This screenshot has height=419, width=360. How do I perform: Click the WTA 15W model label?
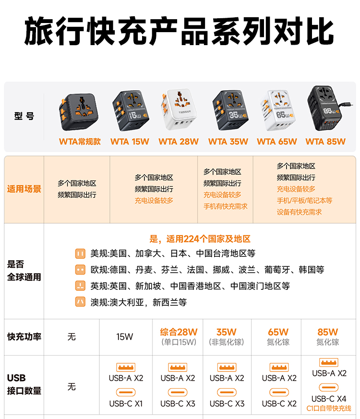coord(130,142)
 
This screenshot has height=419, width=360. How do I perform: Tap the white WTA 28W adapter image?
coord(179,109)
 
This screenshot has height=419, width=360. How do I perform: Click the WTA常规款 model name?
coord(80,142)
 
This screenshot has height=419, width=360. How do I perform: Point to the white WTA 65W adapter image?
coord(277,110)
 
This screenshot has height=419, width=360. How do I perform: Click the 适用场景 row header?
coord(24,189)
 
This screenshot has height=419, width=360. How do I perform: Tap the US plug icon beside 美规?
coord(80,253)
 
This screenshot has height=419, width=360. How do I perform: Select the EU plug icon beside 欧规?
coord(80,270)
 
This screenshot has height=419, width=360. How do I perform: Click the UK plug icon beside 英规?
coord(80,286)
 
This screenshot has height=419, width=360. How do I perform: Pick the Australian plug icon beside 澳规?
coord(80,302)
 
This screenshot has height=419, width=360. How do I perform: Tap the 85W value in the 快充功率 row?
coord(328,332)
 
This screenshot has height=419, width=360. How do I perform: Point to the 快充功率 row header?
coord(24,337)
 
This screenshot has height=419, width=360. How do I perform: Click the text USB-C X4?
coord(329,399)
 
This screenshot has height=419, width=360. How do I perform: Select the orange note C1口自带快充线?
coord(329,408)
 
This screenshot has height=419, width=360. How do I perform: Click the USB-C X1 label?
coord(126,404)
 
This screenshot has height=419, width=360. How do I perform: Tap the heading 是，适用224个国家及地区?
coord(200,239)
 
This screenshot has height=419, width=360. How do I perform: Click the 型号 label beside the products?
coord(24,116)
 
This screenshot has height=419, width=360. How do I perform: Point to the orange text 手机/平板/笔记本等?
coord(304,201)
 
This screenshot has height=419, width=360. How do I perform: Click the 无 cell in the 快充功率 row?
coord(72,337)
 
